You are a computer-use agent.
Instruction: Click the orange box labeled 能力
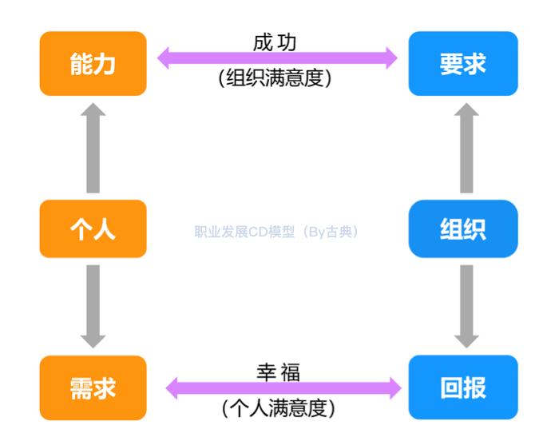click(x=93, y=64)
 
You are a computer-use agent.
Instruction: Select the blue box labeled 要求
click(x=462, y=64)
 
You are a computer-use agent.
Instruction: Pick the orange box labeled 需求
click(x=93, y=388)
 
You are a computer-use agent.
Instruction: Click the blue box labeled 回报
click(x=462, y=388)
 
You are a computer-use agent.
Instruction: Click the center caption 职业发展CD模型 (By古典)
click(x=276, y=232)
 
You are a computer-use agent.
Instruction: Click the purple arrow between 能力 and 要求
click(x=276, y=58)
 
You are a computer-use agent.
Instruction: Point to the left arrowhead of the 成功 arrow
click(x=164, y=58)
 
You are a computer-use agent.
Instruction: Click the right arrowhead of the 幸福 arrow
click(x=394, y=388)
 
